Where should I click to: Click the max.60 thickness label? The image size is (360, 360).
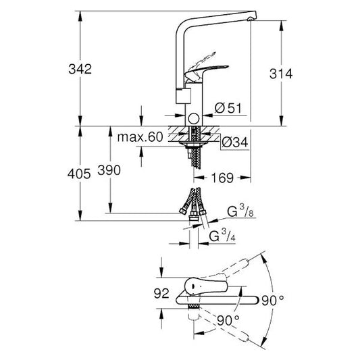[x=140, y=136]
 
